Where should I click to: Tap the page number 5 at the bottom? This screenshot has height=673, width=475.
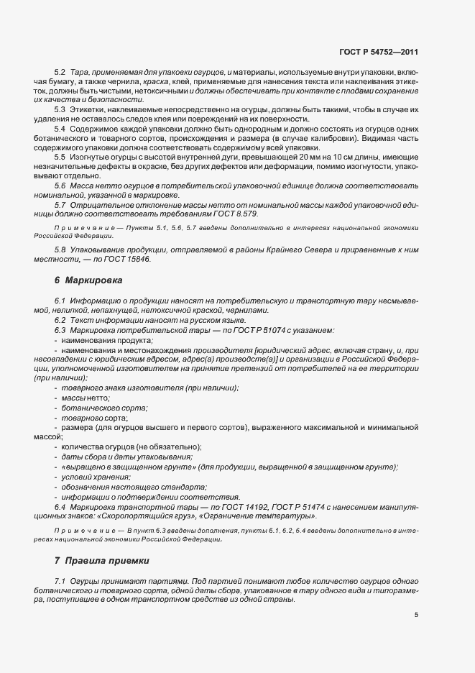pos(416,615)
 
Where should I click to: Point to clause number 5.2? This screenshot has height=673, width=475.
pos(60,73)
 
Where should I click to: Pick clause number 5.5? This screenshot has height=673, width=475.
pos(60,156)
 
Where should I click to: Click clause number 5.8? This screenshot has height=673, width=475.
pos(60,249)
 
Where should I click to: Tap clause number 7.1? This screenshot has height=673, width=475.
pos(60,580)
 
